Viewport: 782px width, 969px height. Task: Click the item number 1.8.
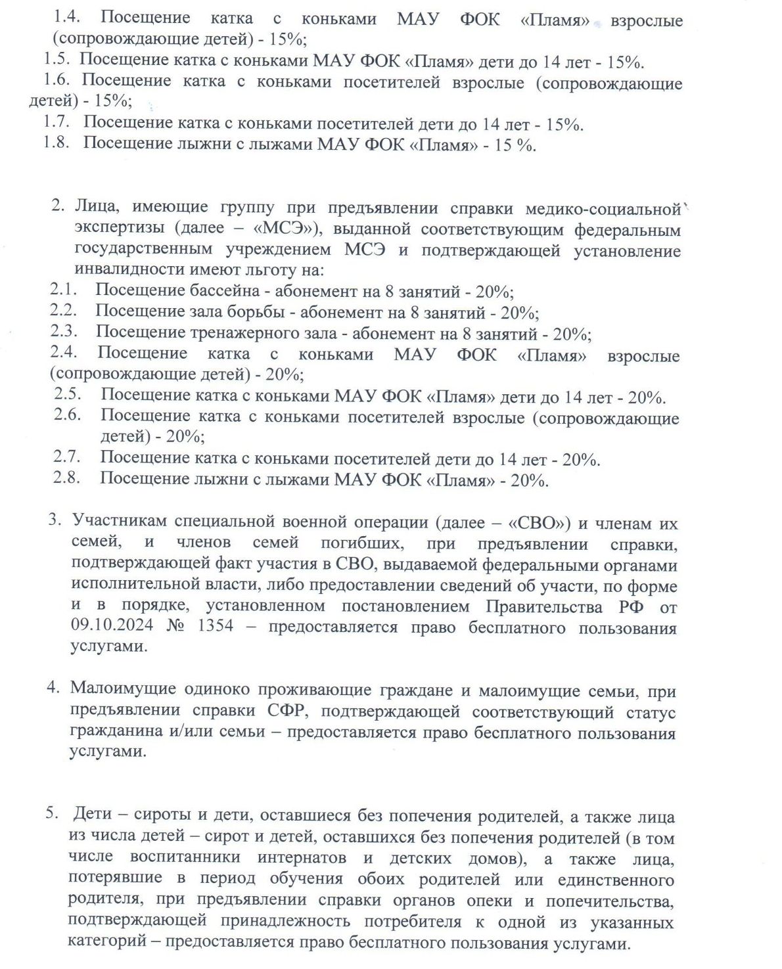tap(57, 143)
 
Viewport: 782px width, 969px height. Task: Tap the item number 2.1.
tap(63, 289)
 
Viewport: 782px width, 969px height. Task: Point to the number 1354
tap(215, 625)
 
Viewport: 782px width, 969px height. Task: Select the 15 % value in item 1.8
tap(514, 145)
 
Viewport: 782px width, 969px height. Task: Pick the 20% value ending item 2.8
tap(529, 480)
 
